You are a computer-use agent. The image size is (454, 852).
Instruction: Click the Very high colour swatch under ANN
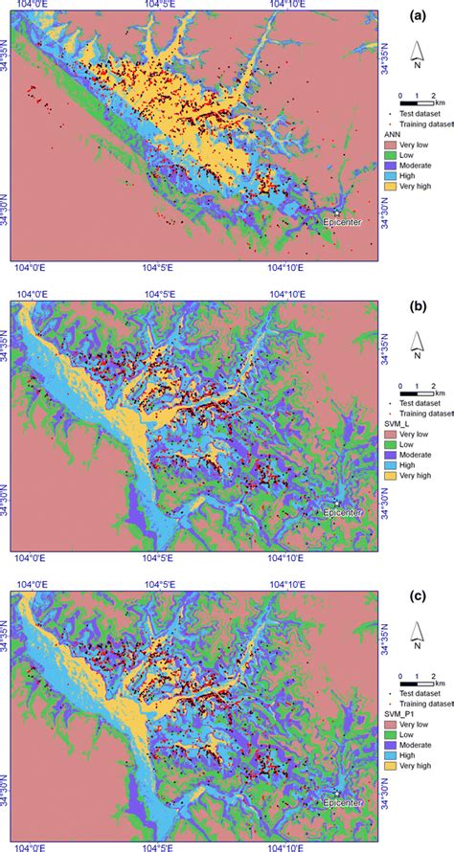(404, 198)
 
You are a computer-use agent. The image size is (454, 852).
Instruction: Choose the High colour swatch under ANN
(404, 186)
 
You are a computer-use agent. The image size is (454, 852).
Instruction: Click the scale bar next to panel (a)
(419, 101)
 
